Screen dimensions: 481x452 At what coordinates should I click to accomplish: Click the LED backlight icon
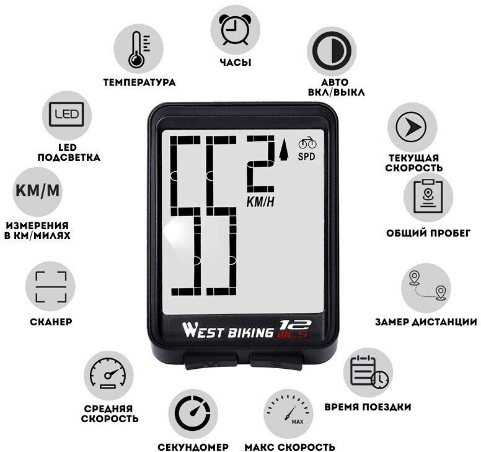click(x=66, y=114)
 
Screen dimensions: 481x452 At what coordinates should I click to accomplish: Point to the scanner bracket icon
click(x=50, y=286)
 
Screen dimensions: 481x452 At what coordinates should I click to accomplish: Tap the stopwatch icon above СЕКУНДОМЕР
click(x=192, y=412)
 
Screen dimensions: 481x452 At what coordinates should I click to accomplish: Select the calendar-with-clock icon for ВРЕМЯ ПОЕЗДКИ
click(x=368, y=374)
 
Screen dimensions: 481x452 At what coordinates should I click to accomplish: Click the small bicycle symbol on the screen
click(x=307, y=142)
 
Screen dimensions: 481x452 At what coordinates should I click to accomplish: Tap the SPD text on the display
click(x=307, y=156)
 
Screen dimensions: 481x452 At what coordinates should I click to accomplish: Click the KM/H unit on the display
click(x=260, y=201)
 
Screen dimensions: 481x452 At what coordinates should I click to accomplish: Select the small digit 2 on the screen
click(x=260, y=163)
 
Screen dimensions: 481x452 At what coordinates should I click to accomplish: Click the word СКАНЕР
click(x=51, y=322)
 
